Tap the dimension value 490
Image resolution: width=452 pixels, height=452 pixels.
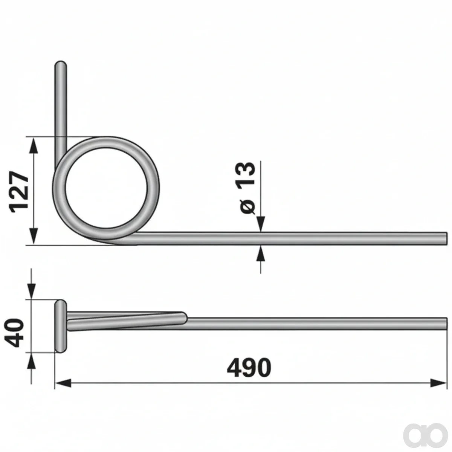249,368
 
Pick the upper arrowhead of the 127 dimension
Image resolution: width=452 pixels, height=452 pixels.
34,145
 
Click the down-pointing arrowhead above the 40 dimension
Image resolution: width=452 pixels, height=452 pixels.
31,291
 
